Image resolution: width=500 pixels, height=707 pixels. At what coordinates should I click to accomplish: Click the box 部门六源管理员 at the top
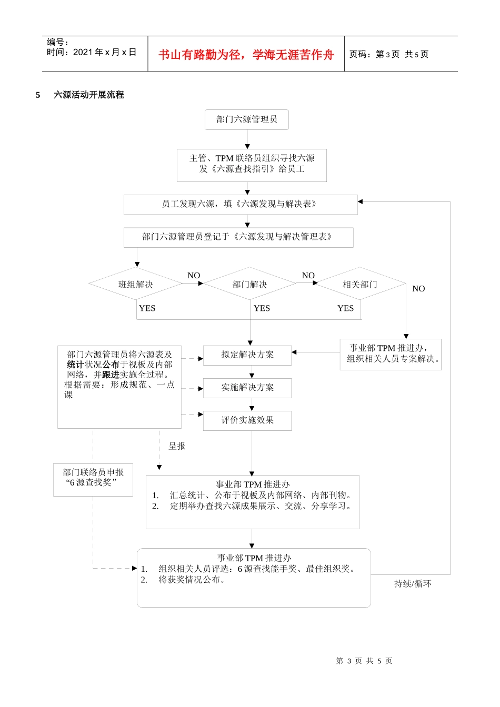point(247,119)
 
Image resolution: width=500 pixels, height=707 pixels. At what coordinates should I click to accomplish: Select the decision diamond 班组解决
point(136,285)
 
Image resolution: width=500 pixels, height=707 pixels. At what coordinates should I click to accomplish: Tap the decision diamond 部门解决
point(250,285)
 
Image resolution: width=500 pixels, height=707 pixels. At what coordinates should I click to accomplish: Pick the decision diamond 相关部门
point(360,285)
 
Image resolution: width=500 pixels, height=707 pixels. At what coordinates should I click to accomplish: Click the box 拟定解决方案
point(247,355)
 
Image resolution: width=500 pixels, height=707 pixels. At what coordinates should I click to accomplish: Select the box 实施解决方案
point(247,388)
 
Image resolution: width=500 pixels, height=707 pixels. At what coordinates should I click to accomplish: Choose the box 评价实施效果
point(247,420)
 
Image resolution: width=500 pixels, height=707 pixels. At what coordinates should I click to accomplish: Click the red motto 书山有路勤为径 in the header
point(246,55)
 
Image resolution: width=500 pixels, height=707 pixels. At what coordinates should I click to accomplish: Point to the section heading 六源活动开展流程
point(89,95)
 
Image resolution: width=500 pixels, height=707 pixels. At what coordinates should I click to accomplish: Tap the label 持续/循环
point(413,584)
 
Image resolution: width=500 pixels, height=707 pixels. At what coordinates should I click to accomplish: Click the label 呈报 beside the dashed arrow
point(177,446)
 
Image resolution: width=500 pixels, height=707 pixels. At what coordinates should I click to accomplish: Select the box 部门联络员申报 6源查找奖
point(93,478)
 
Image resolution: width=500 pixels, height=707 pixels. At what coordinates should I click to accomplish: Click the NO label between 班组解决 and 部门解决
point(194,276)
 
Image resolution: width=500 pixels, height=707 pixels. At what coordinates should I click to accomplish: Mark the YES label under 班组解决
point(147,308)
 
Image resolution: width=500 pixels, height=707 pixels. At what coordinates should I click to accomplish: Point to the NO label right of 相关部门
point(418,289)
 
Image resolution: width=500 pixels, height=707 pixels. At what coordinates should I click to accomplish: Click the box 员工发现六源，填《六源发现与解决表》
point(241,204)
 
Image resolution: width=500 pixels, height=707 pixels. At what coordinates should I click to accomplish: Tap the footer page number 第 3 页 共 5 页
point(364,661)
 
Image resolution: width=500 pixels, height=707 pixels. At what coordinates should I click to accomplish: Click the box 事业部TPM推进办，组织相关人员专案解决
point(391,354)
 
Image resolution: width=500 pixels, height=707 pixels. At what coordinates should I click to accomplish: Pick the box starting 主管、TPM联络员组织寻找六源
point(252,164)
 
